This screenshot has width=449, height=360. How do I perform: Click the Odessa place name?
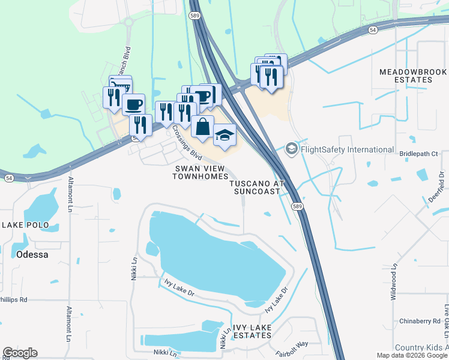tap(24, 254)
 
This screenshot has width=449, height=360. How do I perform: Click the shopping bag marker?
tap(203, 127)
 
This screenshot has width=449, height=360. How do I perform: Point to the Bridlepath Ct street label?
tap(418, 154)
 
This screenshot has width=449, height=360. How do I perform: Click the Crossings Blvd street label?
tap(186, 140)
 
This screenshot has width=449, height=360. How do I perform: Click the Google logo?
tap(20, 353)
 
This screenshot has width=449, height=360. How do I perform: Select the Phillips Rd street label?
tap(13, 299)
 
